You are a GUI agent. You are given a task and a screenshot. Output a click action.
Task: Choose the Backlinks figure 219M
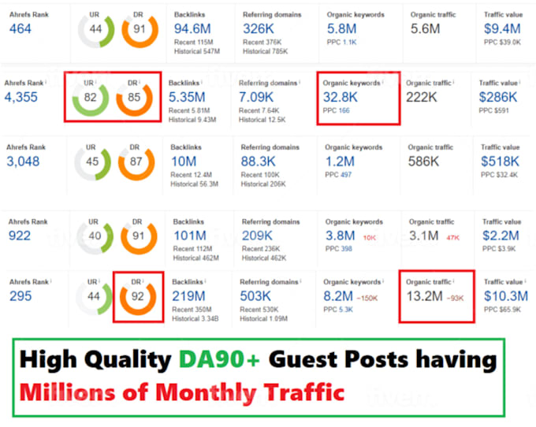(188, 295)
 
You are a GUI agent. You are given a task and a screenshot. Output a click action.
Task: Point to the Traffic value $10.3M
(504, 296)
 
